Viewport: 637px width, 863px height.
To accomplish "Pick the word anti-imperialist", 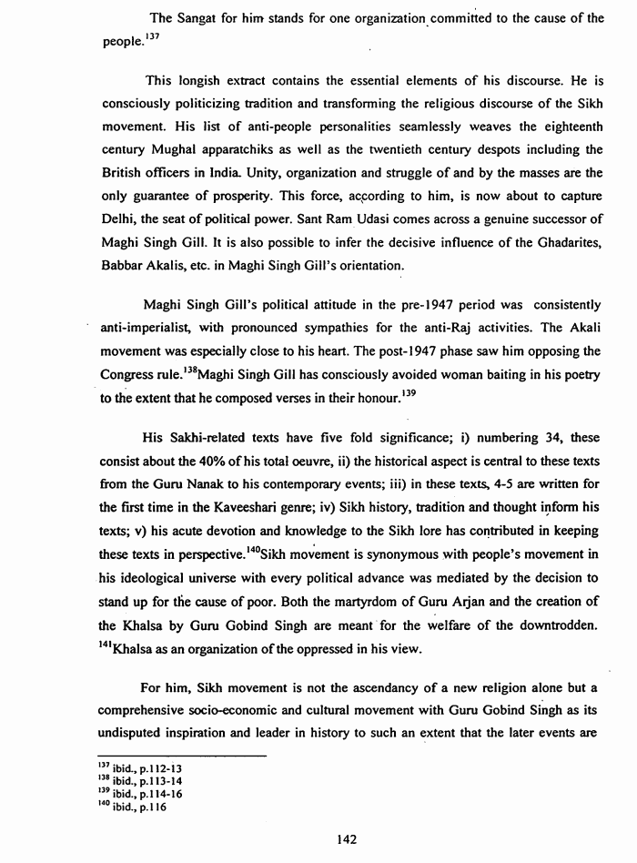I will [147, 326].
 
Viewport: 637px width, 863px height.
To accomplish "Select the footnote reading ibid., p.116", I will [143, 807].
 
